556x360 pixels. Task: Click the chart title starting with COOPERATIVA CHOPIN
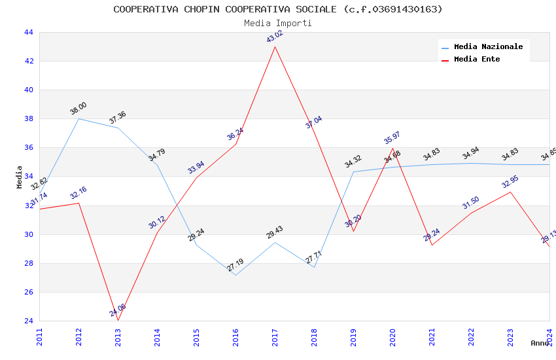tap(278, 9)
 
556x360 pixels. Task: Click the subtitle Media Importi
tap(278, 23)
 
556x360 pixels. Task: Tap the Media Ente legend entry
tap(477, 59)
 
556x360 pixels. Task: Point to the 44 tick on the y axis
tap(28, 32)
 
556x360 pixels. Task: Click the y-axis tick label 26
tap(28, 292)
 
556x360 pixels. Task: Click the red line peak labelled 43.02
tap(275, 46)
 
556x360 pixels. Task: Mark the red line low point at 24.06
tap(118, 320)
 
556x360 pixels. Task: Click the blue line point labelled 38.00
tap(79, 118)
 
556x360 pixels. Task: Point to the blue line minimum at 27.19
tap(236, 275)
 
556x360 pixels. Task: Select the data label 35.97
tap(392, 138)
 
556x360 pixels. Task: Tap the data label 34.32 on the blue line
tap(353, 162)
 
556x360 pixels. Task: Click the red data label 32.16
tap(78, 193)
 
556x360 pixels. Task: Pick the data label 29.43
tap(275, 232)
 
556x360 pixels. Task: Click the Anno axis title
tap(540, 343)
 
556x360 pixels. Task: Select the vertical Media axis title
tap(20, 177)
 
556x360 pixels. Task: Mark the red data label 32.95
tap(510, 181)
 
